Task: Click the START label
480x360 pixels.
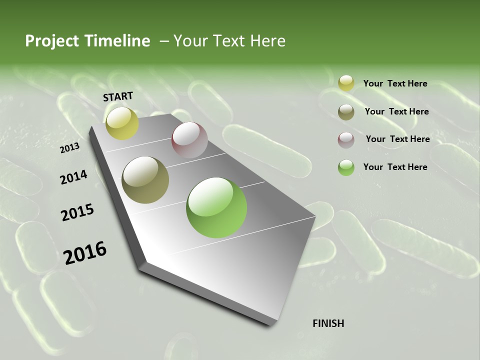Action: click(x=118, y=96)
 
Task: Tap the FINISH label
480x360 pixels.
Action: click(x=328, y=323)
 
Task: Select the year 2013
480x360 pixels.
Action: click(x=69, y=148)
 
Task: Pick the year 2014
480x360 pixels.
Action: click(x=73, y=177)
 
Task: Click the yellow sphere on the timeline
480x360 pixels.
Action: click(x=122, y=123)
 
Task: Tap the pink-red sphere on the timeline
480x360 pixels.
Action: click(x=189, y=139)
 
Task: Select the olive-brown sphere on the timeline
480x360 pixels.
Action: click(x=145, y=179)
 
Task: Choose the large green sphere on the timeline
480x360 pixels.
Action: click(x=216, y=207)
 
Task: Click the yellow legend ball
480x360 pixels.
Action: click(x=346, y=83)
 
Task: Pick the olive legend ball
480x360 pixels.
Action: click(x=346, y=112)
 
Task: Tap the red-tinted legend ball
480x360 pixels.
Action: click(x=346, y=140)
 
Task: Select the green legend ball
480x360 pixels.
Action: click(x=346, y=167)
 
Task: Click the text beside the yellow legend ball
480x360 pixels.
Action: click(x=395, y=83)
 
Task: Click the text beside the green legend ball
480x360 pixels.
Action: click(x=395, y=167)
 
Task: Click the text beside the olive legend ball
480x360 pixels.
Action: click(x=396, y=111)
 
